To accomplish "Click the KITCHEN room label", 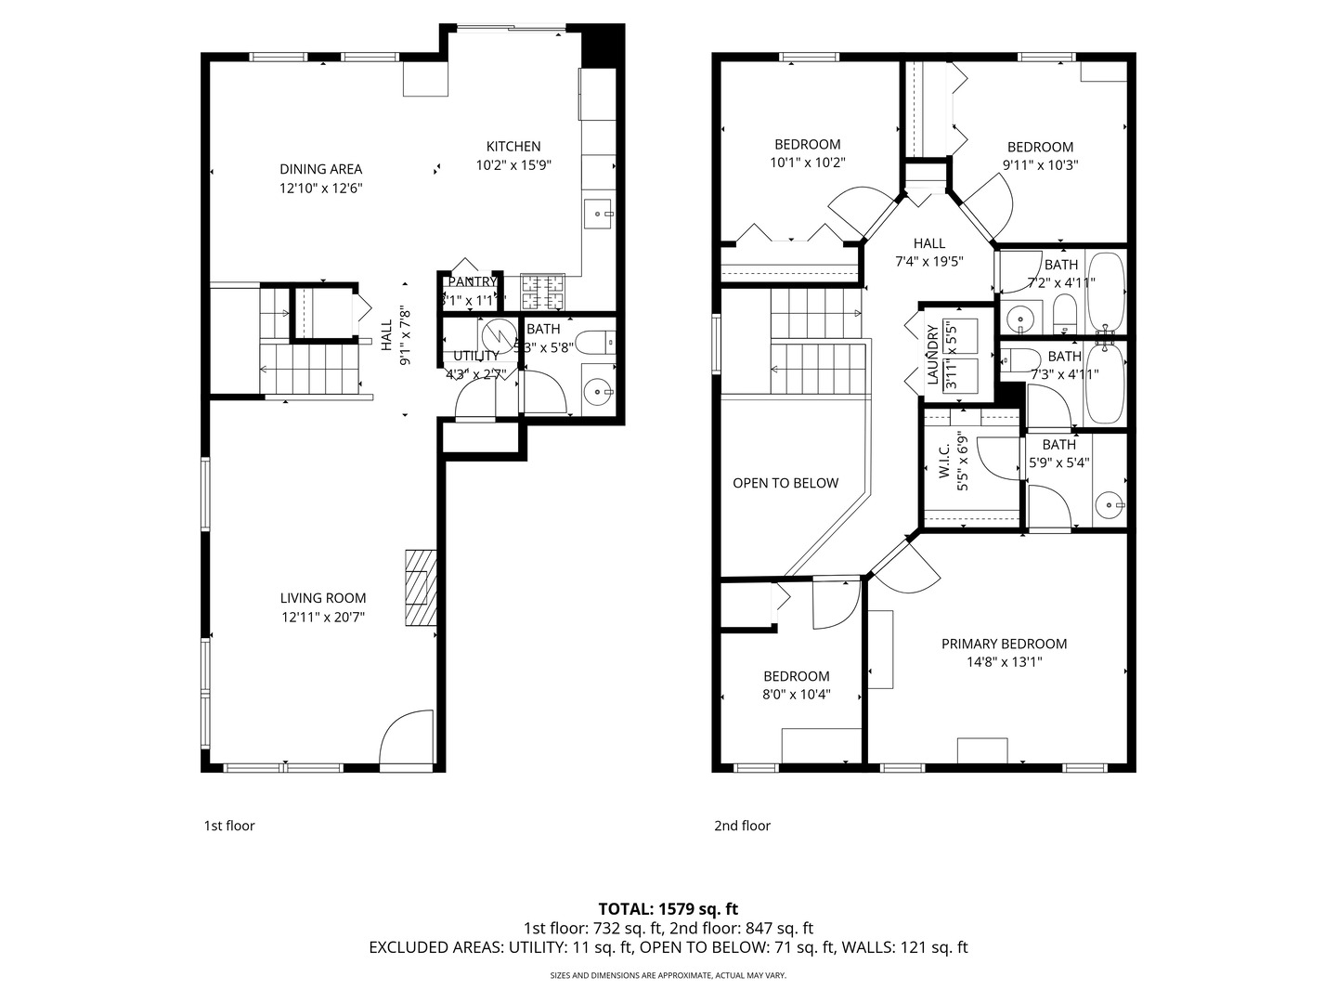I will click(513, 147).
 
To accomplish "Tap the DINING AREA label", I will click(320, 169).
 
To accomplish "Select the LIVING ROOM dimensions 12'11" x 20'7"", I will click(323, 617).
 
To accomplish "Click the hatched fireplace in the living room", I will click(420, 589).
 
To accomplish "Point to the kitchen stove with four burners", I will click(542, 293).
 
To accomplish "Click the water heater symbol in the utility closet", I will click(498, 333).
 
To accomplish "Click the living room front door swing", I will click(407, 739).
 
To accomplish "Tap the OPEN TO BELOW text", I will click(785, 483).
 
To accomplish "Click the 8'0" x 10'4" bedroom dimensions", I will click(797, 694).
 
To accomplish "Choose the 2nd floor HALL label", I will click(928, 243).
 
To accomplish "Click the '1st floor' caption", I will click(229, 826).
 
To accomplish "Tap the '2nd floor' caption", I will click(742, 826).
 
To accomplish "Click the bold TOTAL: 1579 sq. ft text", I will click(668, 908).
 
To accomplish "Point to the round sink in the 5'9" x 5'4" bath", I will click(1107, 506).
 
